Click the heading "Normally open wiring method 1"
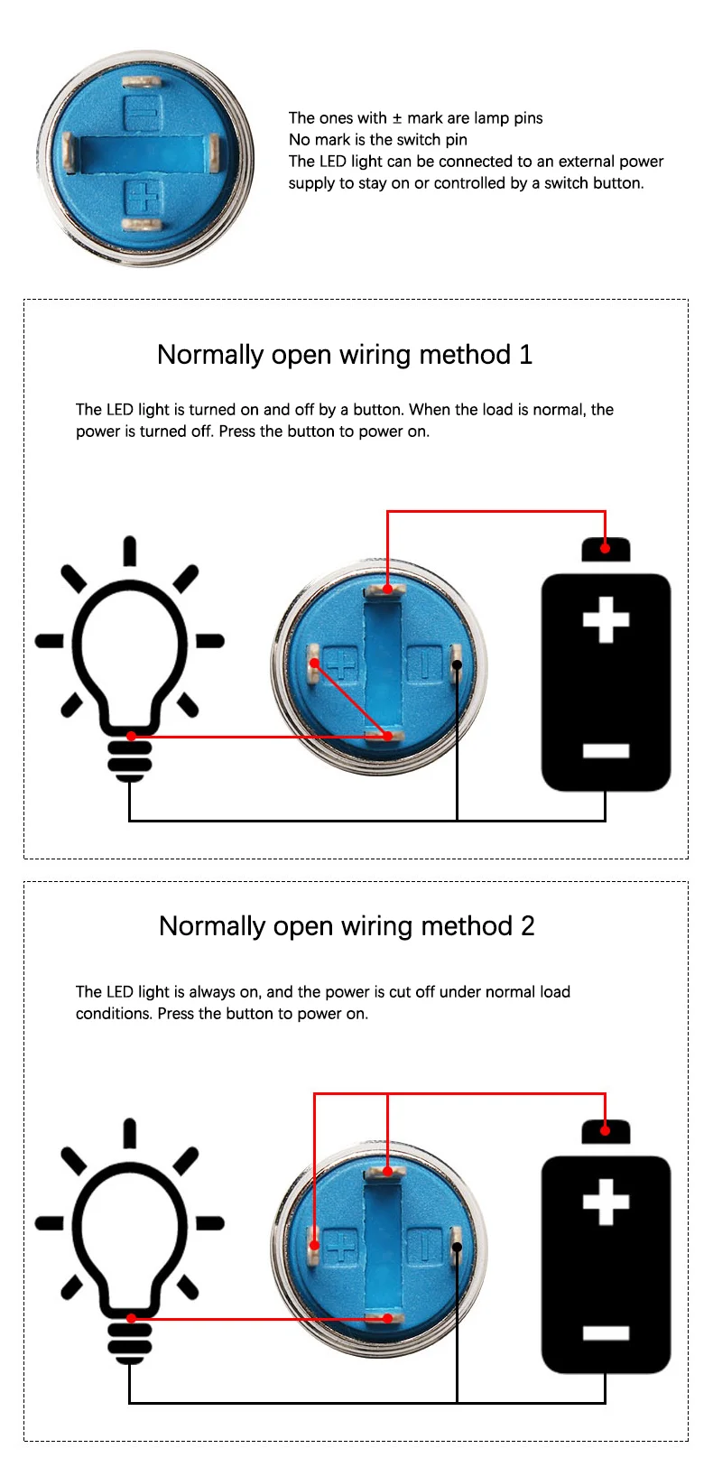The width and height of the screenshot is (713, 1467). [345, 355]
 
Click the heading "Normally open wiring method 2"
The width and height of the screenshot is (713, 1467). [347, 926]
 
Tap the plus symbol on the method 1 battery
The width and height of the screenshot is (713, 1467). [606, 620]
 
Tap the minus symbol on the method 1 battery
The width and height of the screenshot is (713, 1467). [606, 750]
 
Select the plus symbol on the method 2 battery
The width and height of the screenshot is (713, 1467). [606, 1202]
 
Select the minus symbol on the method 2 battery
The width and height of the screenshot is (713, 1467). [606, 1332]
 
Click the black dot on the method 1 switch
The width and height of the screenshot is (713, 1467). [458, 665]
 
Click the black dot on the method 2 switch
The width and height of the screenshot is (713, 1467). [458, 1248]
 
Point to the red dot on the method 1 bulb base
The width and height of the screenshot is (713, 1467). [131, 737]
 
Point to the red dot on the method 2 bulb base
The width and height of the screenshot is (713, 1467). [131, 1319]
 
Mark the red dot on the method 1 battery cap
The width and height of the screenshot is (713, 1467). [606, 547]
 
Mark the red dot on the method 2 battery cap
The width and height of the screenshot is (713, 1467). [606, 1129]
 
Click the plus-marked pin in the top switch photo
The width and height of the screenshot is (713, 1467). [142, 225]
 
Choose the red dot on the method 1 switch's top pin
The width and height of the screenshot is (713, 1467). [388, 590]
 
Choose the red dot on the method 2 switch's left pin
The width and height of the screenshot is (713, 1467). [315, 1246]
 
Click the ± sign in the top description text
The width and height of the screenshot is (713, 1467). [396, 118]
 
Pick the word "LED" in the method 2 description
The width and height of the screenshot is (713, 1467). [121, 992]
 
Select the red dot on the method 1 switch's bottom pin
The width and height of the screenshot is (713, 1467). [388, 737]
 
